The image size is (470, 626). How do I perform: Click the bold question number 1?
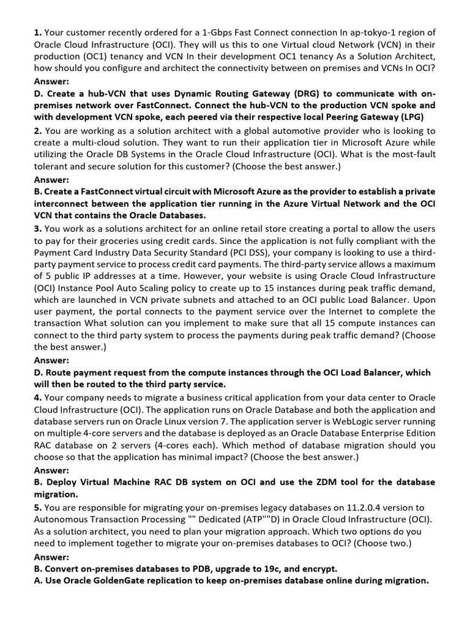pos(37,32)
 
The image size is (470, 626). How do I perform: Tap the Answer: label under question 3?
pos(51,361)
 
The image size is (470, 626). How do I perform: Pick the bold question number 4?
pos(37,397)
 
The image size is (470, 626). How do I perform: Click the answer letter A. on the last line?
pos(39,581)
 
